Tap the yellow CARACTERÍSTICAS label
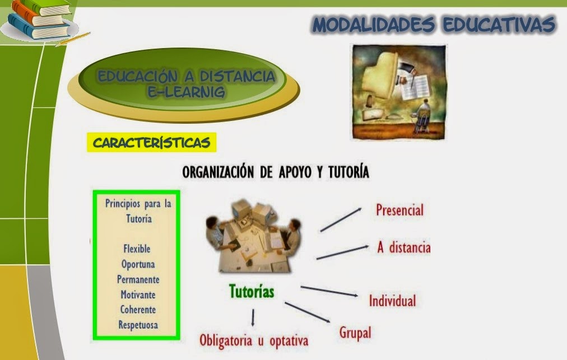(151, 143)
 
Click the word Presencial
(399, 210)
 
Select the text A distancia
(403, 247)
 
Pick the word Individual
(392, 301)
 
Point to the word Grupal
(355, 332)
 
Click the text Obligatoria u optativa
(254, 340)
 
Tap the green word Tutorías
(252, 292)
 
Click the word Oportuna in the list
(138, 264)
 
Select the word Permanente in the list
(138, 279)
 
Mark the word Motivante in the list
(138, 294)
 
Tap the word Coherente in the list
(138, 309)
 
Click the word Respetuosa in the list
(138, 324)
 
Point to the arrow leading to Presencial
(341, 219)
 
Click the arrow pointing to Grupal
(307, 312)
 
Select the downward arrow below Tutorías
(253, 318)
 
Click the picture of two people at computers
(253, 235)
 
